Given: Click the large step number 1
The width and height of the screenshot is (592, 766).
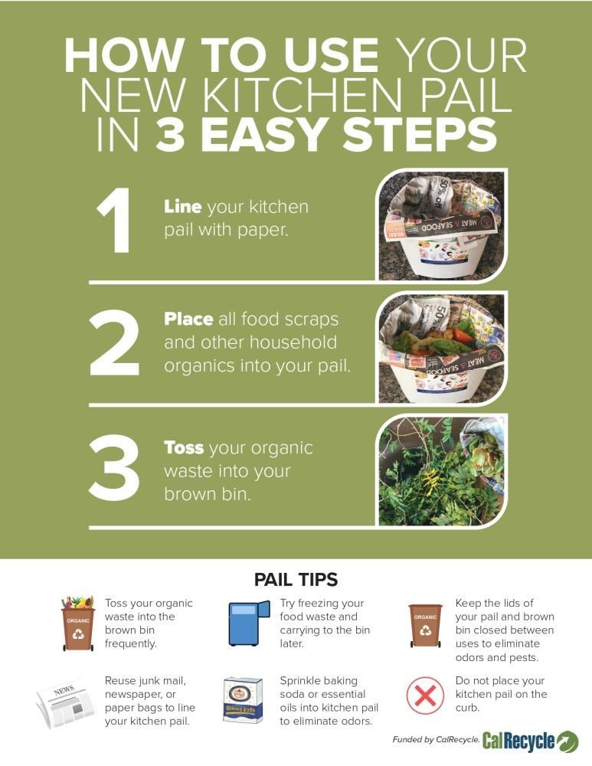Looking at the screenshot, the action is point(114,221).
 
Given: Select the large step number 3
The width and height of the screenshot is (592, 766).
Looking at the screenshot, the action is point(114,467).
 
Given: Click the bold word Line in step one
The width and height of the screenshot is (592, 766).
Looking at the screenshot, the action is point(183,207).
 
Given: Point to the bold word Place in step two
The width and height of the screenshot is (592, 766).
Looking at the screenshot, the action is point(188,319).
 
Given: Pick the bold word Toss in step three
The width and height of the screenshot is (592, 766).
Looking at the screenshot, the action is point(184,447).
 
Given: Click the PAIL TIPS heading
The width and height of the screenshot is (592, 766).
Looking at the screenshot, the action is point(296,579).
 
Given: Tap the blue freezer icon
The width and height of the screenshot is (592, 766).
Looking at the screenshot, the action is point(249,624).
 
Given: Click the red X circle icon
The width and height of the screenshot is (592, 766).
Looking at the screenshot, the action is point(425,696).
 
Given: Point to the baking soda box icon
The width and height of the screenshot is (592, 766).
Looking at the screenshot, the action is point(243,699).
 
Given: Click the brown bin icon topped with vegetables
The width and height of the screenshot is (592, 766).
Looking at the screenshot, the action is point(77,624).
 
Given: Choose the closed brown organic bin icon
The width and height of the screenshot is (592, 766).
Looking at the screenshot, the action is point(426,625).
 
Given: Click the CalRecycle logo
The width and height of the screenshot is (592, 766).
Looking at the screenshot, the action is point(530,741).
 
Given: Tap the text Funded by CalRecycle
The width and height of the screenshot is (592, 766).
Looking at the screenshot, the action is point(436,740).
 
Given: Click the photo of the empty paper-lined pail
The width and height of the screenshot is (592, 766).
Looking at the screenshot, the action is point(442,225).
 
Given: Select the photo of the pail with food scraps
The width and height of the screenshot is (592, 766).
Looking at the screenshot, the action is point(442,349).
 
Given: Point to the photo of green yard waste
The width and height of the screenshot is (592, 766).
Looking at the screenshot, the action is point(442,471).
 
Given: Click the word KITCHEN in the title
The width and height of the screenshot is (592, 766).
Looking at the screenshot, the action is point(303,95).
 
